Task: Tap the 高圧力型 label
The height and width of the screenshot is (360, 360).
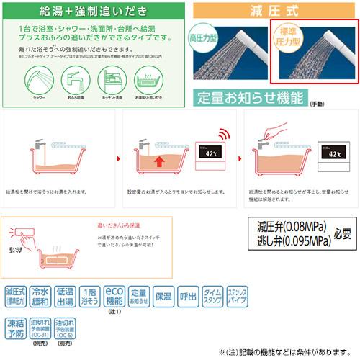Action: click(204, 38)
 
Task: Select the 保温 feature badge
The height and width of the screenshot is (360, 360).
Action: click(163, 296)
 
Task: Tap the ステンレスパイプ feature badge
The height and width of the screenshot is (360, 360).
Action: click(237, 296)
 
